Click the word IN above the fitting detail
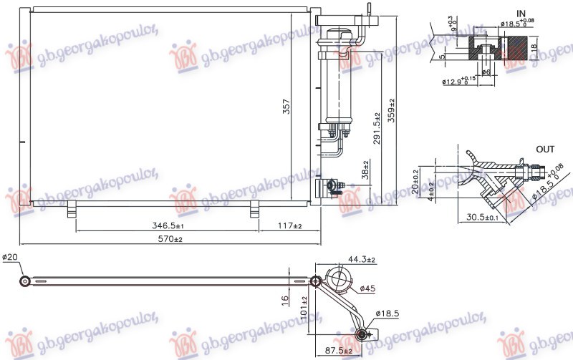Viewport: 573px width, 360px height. click(x=521, y=13)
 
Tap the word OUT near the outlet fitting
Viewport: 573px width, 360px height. click(x=546, y=150)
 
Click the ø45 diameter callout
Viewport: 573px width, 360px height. click(x=367, y=288)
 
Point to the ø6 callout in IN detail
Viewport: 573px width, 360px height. click(x=486, y=72)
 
